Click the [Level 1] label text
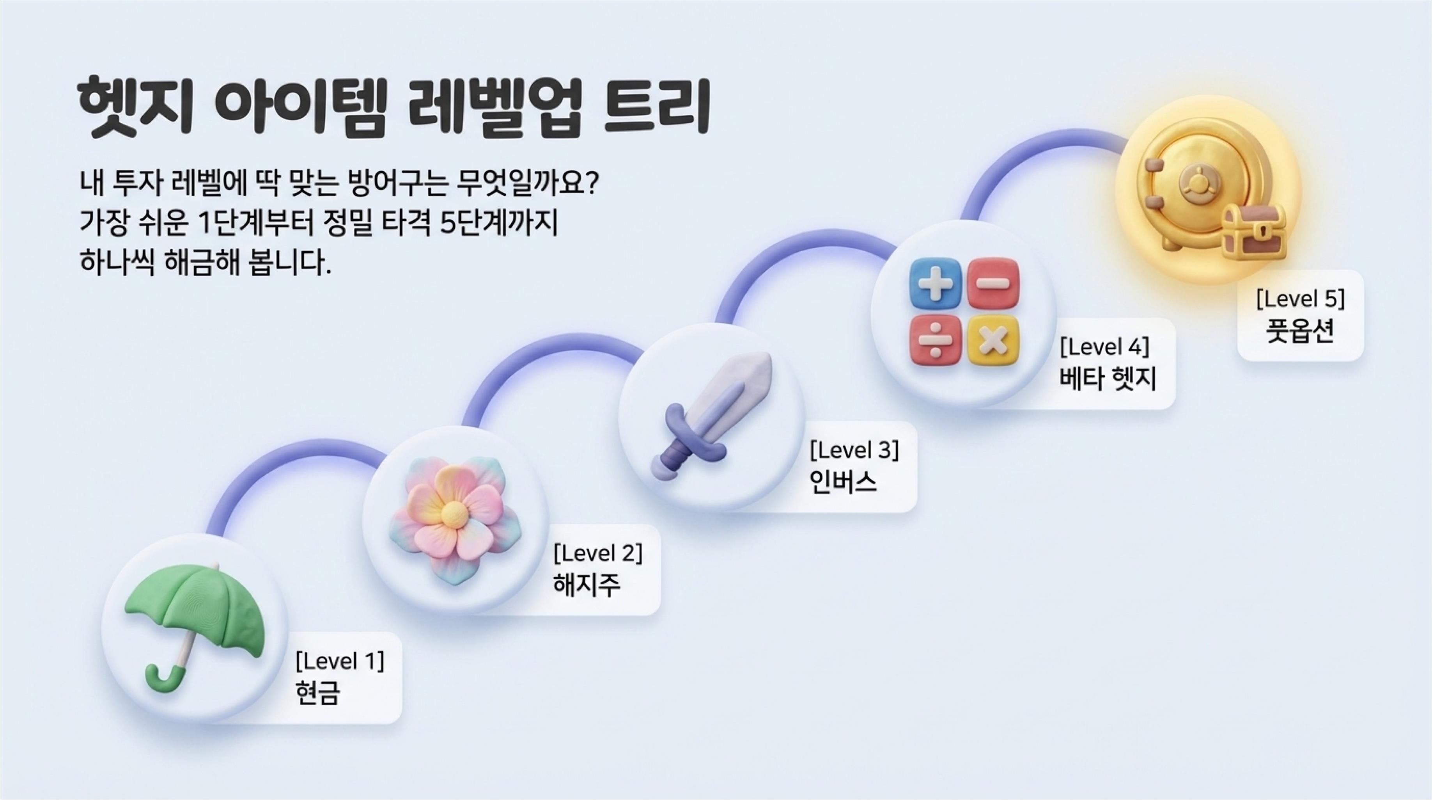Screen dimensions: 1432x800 pyautogui.click(x=340, y=661)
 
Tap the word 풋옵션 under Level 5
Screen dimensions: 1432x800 pyautogui.click(x=1300, y=331)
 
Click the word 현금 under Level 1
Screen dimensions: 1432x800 pyautogui.click(x=317, y=693)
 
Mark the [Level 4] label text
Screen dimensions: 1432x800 pyautogui.click(x=1104, y=347)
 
